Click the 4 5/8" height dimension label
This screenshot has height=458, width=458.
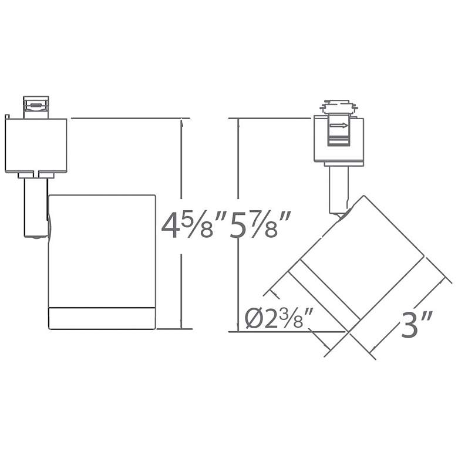point(194,225)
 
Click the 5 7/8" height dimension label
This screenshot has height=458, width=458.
point(260,225)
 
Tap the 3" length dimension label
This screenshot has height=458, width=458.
point(416,325)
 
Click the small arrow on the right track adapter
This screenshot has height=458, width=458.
point(339,126)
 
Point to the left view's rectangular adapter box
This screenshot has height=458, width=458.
point(36,145)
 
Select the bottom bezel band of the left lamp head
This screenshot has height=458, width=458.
point(102,318)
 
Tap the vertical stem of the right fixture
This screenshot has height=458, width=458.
point(339,190)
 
